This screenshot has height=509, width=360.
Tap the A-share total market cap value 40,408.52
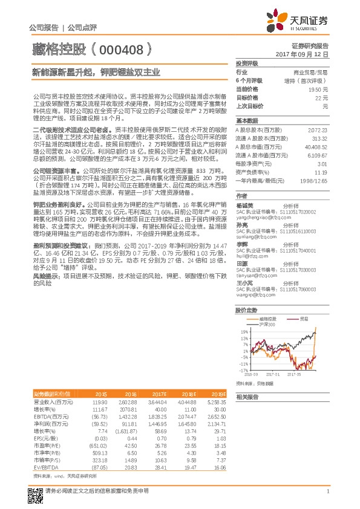[x=316, y=147]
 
